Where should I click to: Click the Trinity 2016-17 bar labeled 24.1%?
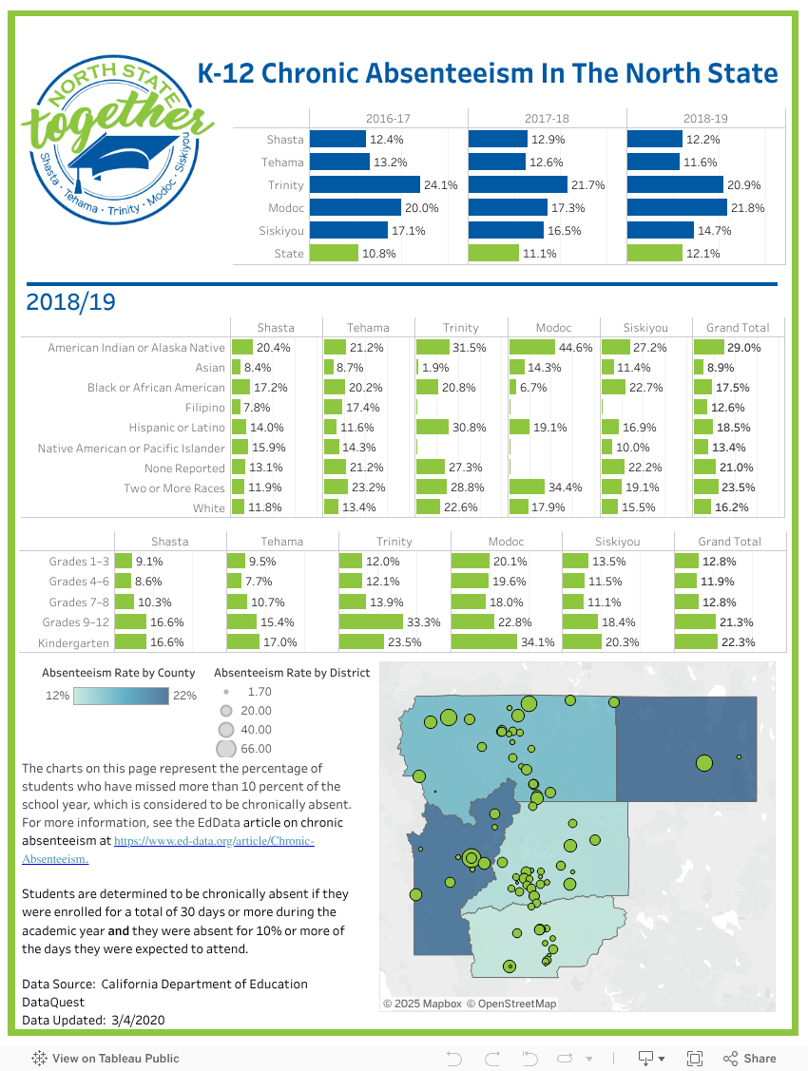tap(365, 184)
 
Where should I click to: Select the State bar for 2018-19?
tap(654, 254)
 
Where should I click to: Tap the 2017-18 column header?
tap(547, 118)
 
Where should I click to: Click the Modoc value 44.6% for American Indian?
tap(576, 348)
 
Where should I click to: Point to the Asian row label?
tap(210, 368)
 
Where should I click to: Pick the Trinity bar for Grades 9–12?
tap(371, 622)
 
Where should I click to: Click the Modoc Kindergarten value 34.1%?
tap(537, 642)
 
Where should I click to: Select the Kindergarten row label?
tap(74, 642)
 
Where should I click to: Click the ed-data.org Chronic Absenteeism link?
tap(168, 850)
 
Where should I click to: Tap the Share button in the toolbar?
tap(750, 1058)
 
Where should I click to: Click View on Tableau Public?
tap(106, 1058)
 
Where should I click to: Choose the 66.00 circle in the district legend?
tap(226, 749)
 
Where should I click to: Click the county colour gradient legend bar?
tap(121, 696)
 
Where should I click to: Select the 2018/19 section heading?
tap(71, 302)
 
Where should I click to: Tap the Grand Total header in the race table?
tap(738, 328)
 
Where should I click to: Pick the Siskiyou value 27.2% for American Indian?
tap(649, 348)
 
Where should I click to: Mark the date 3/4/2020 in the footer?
tap(138, 1020)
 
